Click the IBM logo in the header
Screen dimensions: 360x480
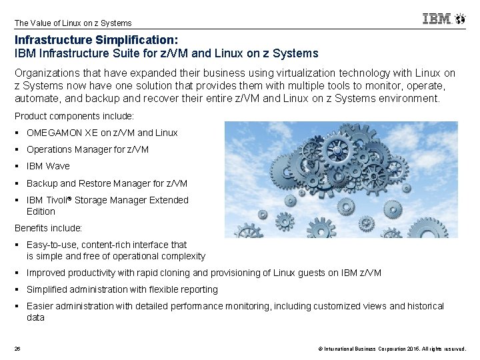point(437,19)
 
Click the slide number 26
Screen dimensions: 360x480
point(17,349)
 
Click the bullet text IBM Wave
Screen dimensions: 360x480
point(48,166)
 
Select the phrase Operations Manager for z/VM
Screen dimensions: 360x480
point(87,149)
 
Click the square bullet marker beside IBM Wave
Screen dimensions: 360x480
point(17,166)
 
